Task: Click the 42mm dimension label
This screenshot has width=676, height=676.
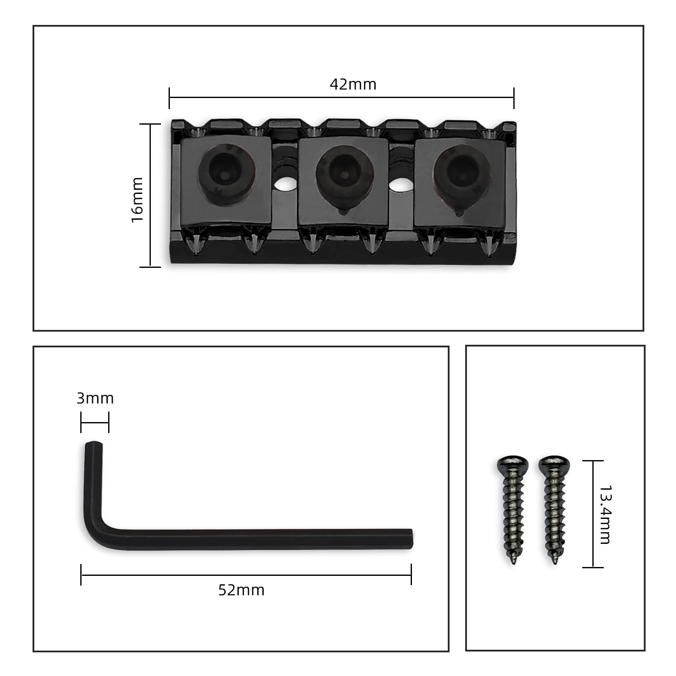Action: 353,84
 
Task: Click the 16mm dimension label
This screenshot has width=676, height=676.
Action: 137,200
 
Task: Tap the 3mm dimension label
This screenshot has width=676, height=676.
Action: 95,398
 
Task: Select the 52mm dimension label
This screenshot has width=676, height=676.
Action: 241,590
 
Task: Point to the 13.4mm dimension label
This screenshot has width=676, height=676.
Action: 605,514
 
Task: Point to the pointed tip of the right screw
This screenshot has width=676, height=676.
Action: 555,562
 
